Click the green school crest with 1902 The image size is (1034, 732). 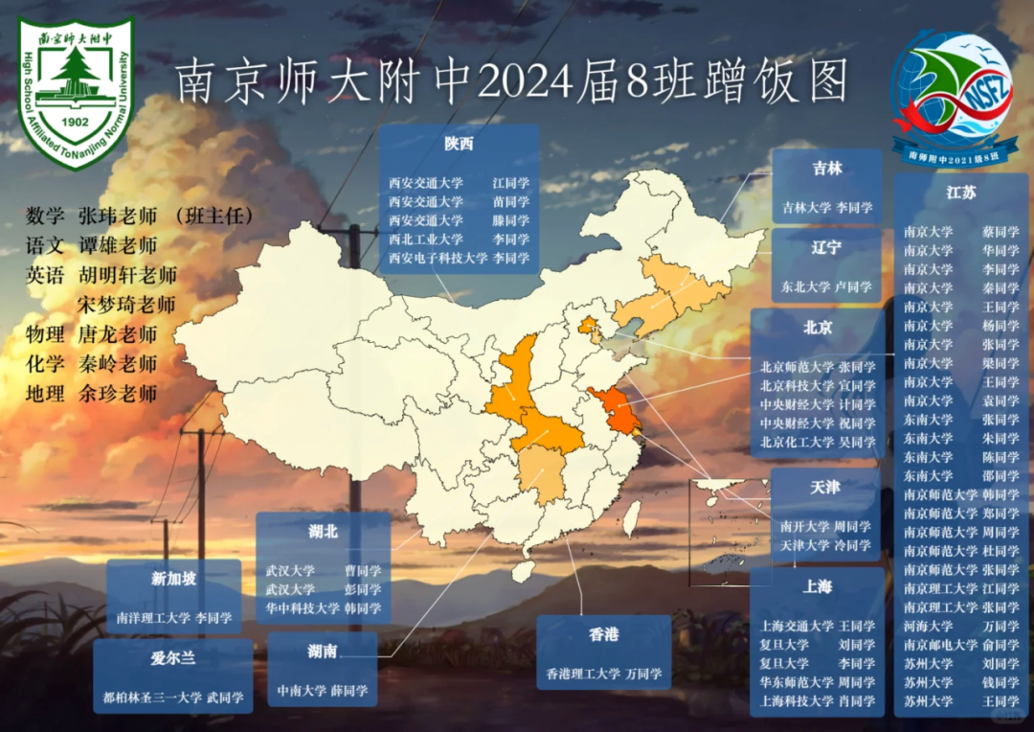click(x=76, y=92)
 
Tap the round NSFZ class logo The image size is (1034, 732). click(x=952, y=93)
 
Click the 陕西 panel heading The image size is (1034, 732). click(x=459, y=144)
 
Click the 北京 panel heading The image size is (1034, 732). click(x=818, y=327)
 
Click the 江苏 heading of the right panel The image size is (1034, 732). click(x=961, y=192)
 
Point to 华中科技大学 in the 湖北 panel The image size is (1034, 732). click(x=303, y=607)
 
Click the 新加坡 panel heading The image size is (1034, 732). click(x=174, y=579)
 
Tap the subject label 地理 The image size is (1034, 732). click(x=45, y=393)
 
